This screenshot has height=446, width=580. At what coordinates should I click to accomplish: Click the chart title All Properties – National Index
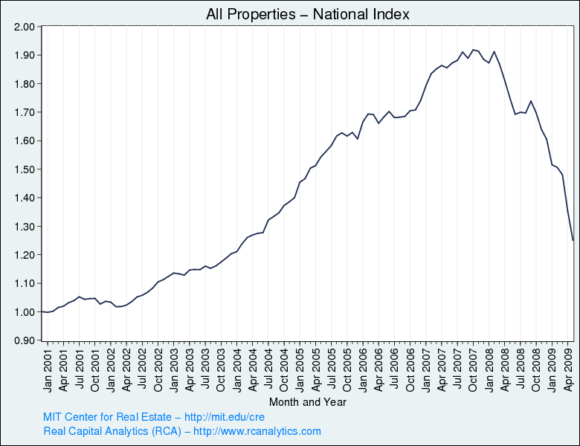point(308,14)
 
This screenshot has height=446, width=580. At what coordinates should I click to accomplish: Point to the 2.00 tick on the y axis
point(25,27)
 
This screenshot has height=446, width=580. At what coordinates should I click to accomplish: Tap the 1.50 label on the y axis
point(25,169)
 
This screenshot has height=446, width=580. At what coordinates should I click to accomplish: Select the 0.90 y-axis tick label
point(25,340)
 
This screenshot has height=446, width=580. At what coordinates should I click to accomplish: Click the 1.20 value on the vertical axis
point(25,255)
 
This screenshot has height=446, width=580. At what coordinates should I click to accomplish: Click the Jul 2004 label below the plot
point(268,369)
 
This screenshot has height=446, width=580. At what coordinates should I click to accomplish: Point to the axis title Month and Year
point(308,402)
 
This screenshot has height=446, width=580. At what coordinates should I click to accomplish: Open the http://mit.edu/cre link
point(225,417)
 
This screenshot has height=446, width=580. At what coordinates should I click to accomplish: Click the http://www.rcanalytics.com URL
point(257,431)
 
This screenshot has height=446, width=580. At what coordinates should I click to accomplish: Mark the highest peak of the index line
point(473,50)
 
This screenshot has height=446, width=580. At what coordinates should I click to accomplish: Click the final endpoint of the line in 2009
point(573,241)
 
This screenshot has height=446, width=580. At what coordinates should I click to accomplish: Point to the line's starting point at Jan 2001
point(42,311)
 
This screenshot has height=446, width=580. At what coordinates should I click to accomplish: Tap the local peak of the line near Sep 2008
point(531,100)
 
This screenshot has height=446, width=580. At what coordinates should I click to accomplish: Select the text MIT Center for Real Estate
point(107,417)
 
